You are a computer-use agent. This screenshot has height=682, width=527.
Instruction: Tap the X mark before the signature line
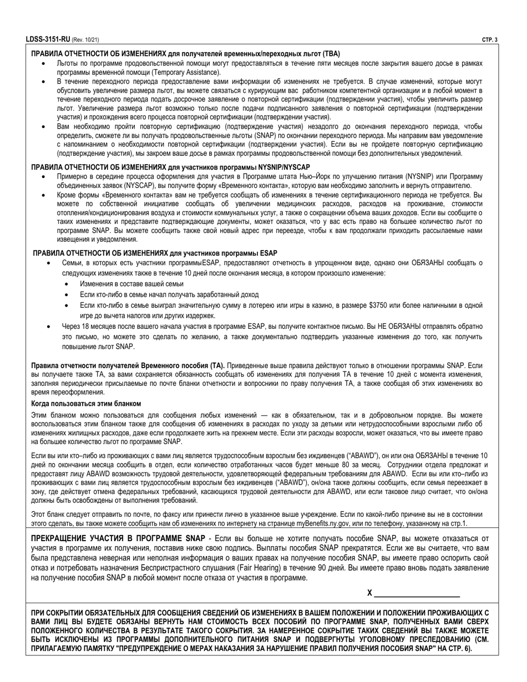click(x=369, y=593)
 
